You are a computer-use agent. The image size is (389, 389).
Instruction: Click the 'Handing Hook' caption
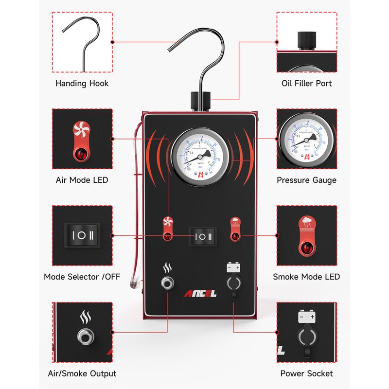click(x=82, y=83)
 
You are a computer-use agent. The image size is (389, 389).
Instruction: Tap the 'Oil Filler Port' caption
click(x=306, y=83)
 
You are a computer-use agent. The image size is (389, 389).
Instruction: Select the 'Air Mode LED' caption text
click(x=82, y=180)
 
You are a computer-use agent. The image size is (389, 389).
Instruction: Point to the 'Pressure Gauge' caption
click(x=306, y=180)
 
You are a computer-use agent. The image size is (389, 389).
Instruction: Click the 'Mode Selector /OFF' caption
click(x=82, y=277)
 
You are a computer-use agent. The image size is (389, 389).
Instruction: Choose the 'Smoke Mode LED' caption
click(x=306, y=277)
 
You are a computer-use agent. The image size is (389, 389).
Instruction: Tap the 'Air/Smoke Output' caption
click(x=82, y=373)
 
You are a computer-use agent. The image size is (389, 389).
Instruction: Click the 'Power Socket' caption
click(x=306, y=373)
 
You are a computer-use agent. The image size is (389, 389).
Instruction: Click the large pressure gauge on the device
click(x=200, y=157)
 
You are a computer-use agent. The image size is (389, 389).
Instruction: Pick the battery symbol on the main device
click(x=233, y=267)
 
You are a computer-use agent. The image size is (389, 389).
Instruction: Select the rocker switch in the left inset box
click(x=82, y=235)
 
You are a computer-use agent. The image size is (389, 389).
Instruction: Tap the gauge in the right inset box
click(x=306, y=139)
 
